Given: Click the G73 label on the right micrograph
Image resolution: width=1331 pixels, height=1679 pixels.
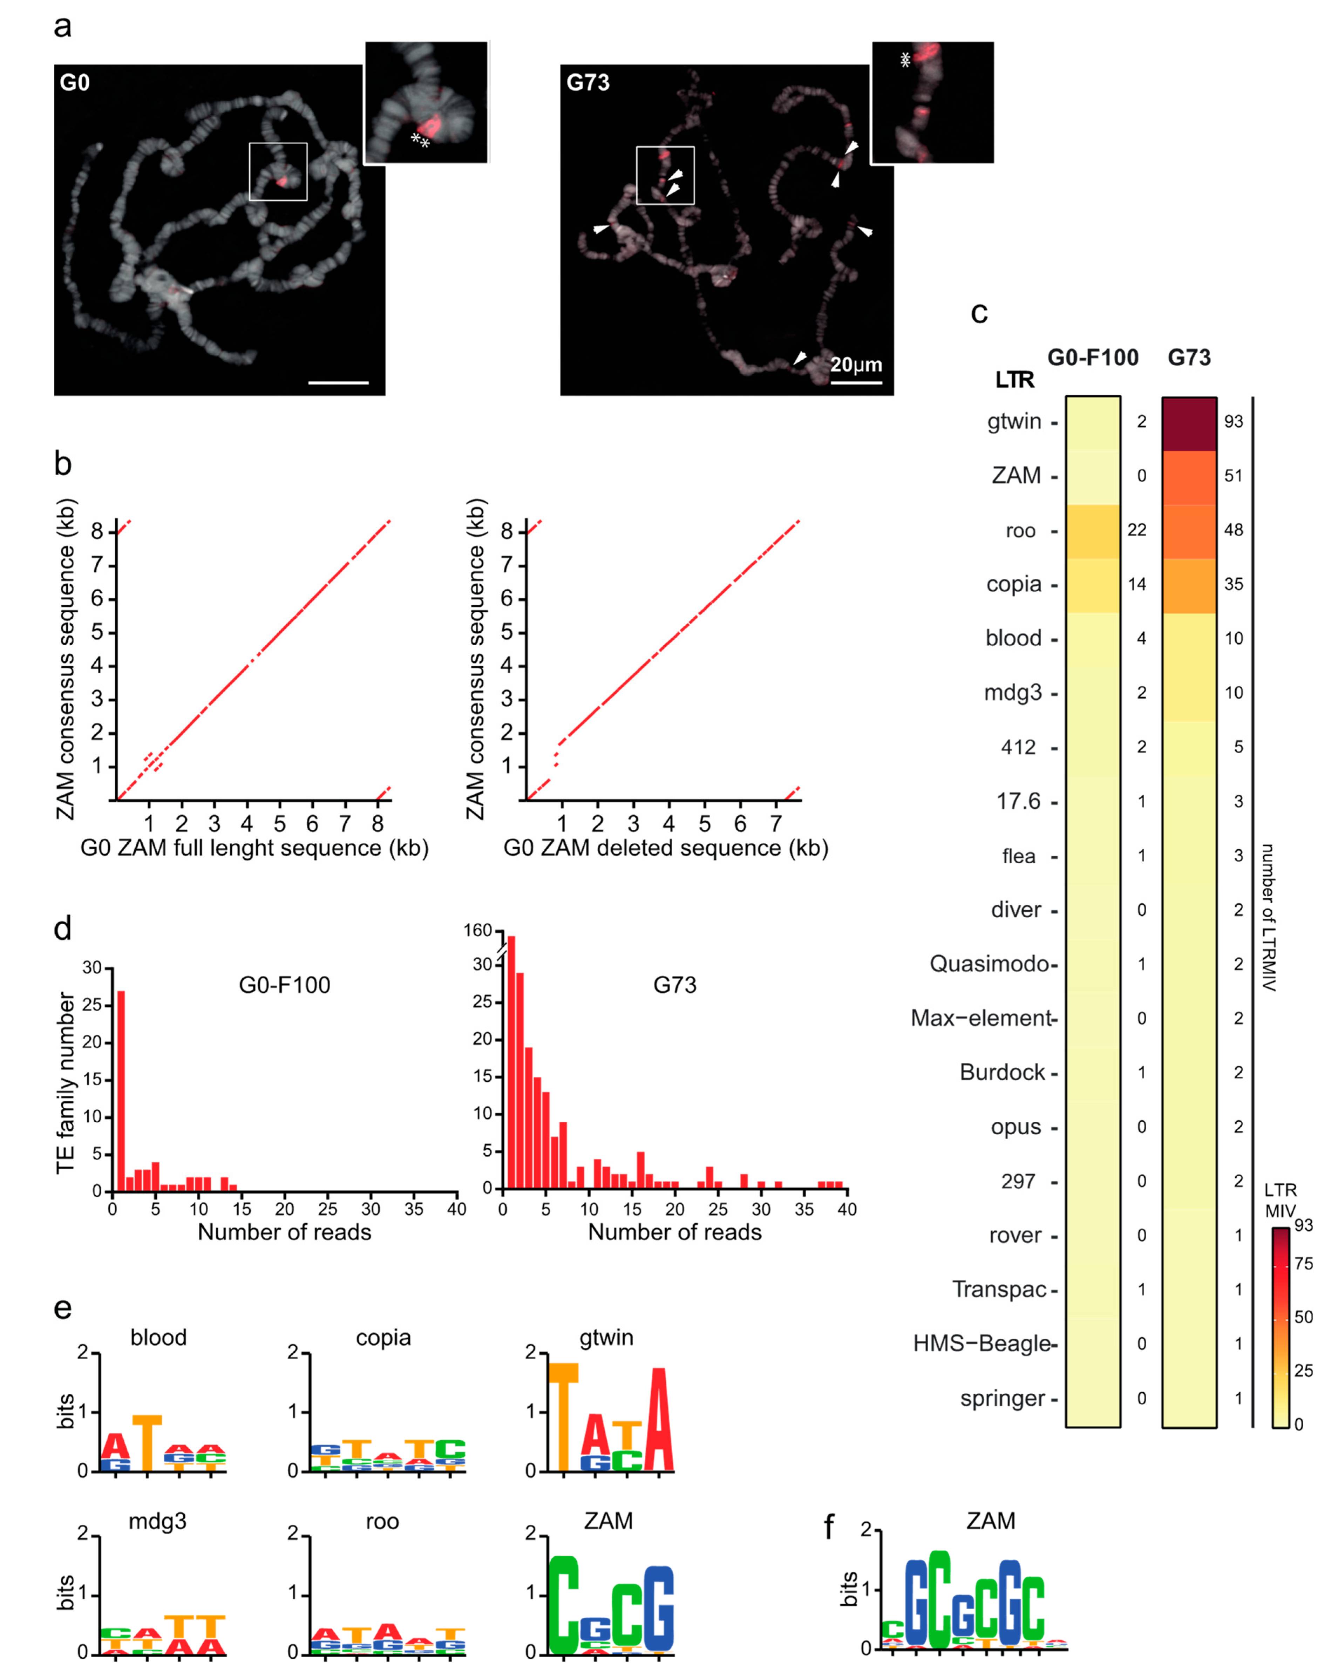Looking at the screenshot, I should [x=587, y=83].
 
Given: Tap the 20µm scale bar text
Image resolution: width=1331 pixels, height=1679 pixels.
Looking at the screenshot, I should [x=855, y=365].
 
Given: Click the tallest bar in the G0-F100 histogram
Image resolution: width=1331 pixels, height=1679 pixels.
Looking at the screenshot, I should [x=121, y=1090].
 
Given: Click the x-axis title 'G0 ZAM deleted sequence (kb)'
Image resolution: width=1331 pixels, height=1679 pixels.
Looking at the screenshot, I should [x=665, y=848].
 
